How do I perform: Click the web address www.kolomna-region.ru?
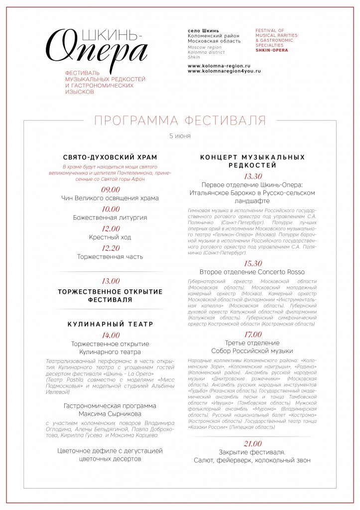click(219, 66)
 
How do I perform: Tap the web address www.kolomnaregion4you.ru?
click(224, 71)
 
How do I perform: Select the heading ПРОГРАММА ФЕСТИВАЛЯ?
click(180, 121)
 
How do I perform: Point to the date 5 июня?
click(180, 136)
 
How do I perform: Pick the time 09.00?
click(111, 190)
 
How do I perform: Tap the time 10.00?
click(111, 209)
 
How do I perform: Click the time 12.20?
click(111, 248)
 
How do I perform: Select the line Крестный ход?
click(110, 237)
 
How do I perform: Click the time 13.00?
click(111, 281)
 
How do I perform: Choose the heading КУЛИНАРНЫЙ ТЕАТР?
click(111, 324)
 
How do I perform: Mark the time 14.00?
click(111, 335)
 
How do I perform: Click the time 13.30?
click(252, 176)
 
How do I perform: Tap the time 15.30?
click(252, 263)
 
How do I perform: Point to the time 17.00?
click(252, 334)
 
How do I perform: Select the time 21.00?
click(252, 444)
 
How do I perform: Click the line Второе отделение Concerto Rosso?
click(252, 272)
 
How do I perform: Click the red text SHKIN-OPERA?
click(271, 50)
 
